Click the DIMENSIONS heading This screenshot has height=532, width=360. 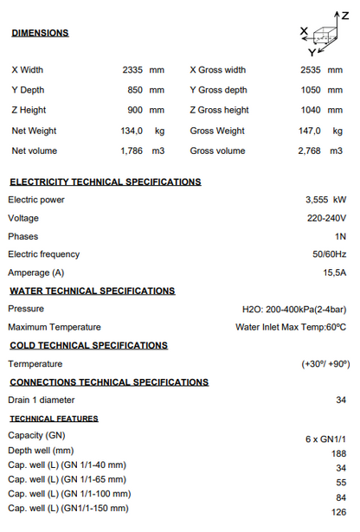pos(40,33)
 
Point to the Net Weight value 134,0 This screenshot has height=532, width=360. pos(132,131)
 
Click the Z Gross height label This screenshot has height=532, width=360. pos(218,110)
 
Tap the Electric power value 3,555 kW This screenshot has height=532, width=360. pos(325,200)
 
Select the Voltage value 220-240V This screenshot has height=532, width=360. pos(327,218)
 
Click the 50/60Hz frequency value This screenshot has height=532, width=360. pos(329,254)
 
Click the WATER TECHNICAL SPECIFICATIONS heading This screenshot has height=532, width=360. pos(92,291)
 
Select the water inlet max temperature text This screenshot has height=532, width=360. pos(291,327)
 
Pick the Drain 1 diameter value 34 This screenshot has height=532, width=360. pos(340,400)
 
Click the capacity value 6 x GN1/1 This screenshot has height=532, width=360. pos(325,439)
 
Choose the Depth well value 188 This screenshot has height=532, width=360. pos(338,453)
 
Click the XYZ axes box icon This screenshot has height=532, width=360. pos(325,35)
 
